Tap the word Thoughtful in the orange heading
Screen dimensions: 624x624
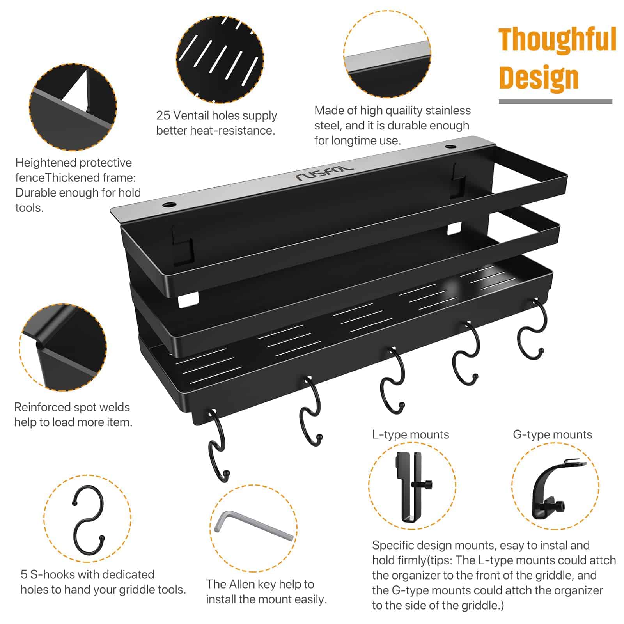pyautogui.click(x=557, y=40)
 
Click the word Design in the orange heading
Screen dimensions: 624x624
pyautogui.click(x=539, y=78)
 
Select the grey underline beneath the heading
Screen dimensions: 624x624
pyautogui.click(x=555, y=102)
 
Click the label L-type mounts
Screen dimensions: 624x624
pyautogui.click(x=410, y=434)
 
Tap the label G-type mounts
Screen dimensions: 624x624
pyautogui.click(x=552, y=434)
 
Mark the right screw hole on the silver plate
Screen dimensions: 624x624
pyautogui.click(x=451, y=147)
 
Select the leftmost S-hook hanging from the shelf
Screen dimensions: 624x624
pyautogui.click(x=217, y=445)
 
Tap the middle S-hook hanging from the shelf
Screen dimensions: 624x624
pyautogui.click(x=392, y=380)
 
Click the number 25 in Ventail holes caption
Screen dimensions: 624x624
pyautogui.click(x=163, y=115)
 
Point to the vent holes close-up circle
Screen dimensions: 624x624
pyautogui.click(x=220, y=59)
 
